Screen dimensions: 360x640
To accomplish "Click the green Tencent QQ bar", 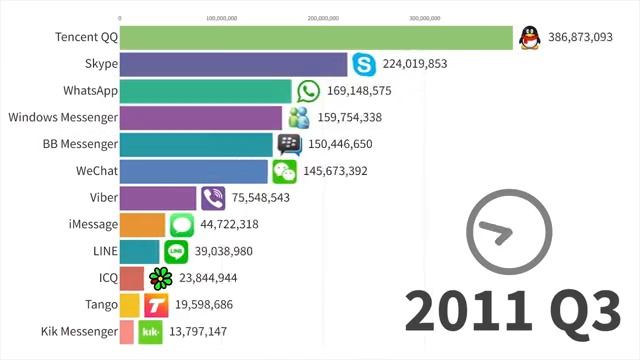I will pos(316,38).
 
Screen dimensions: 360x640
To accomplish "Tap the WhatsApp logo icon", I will pos(308,92).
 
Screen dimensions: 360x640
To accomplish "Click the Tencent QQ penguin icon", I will pos(530,38).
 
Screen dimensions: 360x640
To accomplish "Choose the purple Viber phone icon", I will pos(213,198).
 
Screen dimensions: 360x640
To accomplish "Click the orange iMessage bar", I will pos(142,225).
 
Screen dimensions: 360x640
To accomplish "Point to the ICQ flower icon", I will pos(159,278).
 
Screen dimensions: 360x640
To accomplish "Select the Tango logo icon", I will pos(155,305).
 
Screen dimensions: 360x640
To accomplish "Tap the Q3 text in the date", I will pos(578,312).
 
